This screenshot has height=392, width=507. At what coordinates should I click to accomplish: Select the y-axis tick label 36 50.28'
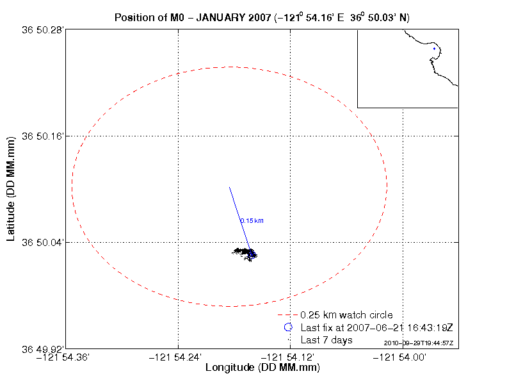43,29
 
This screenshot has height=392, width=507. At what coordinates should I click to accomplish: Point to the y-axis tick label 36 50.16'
43,136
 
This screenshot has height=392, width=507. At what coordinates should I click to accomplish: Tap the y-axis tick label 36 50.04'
43,242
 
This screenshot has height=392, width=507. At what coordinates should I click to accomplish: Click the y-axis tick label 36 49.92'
43,349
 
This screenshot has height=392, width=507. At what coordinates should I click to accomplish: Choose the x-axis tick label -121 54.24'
178,357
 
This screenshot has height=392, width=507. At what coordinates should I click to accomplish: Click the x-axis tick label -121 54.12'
291,357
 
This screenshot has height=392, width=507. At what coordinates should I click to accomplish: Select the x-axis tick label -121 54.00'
403,357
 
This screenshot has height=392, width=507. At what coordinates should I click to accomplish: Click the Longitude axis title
262,368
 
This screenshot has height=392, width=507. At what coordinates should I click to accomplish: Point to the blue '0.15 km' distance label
252,221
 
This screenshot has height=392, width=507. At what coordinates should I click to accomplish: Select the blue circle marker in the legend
288,327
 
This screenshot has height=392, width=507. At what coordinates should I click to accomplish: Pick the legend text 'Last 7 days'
326,340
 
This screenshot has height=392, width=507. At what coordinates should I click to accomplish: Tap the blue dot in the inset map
434,49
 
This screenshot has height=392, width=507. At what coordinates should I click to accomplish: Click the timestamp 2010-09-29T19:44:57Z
419,343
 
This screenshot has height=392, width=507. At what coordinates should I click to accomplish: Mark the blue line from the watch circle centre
238,215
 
